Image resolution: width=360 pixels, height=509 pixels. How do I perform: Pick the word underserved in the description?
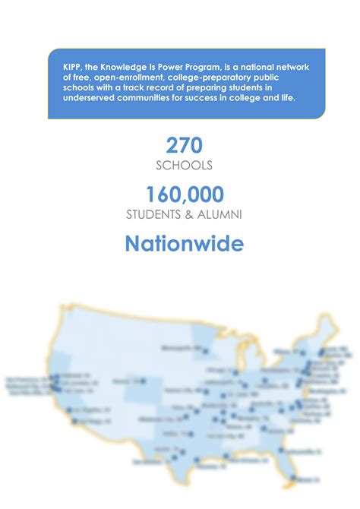pos(92,99)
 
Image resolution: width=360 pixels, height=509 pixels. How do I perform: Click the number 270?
pos(185,144)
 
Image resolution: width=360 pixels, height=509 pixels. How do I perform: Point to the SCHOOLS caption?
pos(185,166)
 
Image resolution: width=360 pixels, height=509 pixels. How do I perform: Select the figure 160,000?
pos(185,194)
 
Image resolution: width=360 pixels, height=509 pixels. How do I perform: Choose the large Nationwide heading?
pos(185,244)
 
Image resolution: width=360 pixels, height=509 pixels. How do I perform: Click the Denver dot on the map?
pos(137,381)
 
